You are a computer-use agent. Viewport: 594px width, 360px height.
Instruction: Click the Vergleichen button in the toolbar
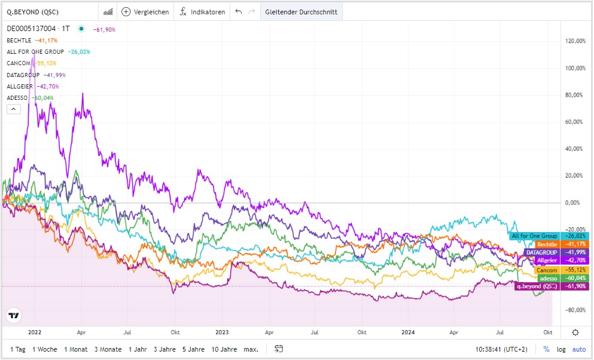tap(145, 12)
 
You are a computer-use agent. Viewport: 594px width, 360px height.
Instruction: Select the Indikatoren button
tap(203, 12)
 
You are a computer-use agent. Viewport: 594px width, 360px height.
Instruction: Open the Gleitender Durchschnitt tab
tap(301, 12)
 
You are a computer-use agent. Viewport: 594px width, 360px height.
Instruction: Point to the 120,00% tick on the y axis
tap(575, 41)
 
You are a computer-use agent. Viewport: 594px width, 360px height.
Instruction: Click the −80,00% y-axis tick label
tap(575, 310)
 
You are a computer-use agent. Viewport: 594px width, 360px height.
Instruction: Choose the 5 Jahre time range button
tap(192, 349)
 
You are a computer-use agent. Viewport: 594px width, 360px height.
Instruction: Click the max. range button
tap(251, 349)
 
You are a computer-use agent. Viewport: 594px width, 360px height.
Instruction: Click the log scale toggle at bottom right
tap(561, 349)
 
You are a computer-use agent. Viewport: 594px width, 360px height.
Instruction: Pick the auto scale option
tap(578, 349)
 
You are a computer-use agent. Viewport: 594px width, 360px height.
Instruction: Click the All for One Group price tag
tap(534, 236)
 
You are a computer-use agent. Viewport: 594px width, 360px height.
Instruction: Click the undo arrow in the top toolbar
tap(239, 12)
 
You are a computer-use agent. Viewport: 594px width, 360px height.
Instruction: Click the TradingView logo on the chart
tap(14, 315)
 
